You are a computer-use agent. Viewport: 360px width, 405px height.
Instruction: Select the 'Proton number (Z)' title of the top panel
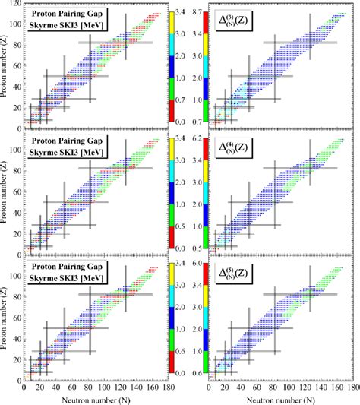[x=7, y=68]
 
